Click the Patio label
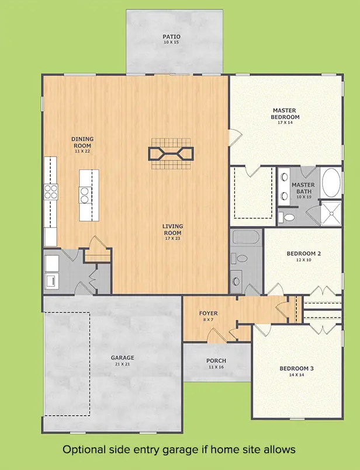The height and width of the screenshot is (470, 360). point(172,37)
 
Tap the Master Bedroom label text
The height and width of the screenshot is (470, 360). point(285,114)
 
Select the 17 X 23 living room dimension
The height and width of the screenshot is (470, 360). point(172,239)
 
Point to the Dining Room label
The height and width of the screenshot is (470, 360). point(82,142)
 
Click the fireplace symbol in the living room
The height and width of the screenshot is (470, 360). point(171,154)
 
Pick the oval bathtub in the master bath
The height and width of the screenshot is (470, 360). point(331,182)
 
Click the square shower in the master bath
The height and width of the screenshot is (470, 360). point(331,213)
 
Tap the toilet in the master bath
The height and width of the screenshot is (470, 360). point(286,217)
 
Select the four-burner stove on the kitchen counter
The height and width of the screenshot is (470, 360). point(51,192)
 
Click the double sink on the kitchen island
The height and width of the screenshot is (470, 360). point(85,195)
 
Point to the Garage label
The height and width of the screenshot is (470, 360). point(122,357)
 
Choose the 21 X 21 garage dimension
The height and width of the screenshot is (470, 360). point(122,364)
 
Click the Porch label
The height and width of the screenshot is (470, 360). point(216,361)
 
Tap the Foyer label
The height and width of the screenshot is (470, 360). point(209,313)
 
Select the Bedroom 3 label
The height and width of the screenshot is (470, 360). point(297,368)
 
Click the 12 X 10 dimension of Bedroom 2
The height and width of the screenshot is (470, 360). point(303,260)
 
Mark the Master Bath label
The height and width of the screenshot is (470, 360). point(303,188)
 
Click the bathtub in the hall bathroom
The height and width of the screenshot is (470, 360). point(246,237)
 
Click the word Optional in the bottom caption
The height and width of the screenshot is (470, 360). point(84,450)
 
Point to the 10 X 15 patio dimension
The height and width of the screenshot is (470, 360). point(171,42)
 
